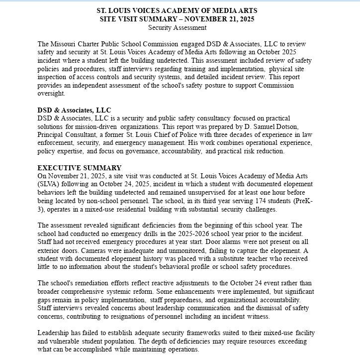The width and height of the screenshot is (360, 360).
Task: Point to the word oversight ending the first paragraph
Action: click(x=51, y=93)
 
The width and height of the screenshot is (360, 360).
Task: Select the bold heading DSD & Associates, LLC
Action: click(x=74, y=110)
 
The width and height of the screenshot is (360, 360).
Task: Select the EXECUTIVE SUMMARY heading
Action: click(x=79, y=168)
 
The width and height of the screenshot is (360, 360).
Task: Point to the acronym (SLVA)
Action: click(x=49, y=184)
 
